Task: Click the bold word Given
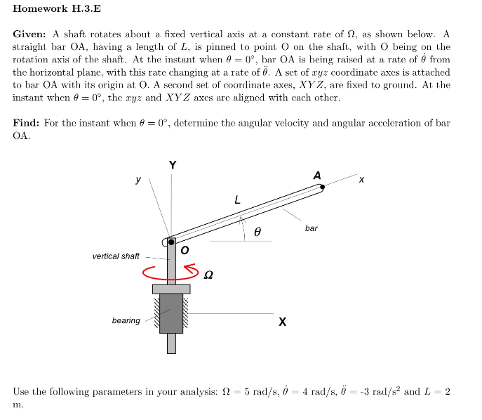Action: [x=29, y=34]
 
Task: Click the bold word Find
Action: [x=27, y=123]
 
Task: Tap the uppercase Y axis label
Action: [x=173, y=165]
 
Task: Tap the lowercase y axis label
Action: [x=138, y=180]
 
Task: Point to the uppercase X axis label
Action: [x=282, y=322]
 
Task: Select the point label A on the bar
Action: [x=317, y=175]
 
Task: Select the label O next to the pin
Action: [x=185, y=249]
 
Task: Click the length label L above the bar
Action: [x=237, y=200]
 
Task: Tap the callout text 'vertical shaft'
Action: [x=116, y=256]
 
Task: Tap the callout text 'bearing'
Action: [x=126, y=321]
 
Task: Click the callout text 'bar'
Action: [x=312, y=228]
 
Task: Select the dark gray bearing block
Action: [x=171, y=313]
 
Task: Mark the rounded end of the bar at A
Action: [x=321, y=187]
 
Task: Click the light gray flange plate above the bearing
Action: [x=171, y=289]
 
